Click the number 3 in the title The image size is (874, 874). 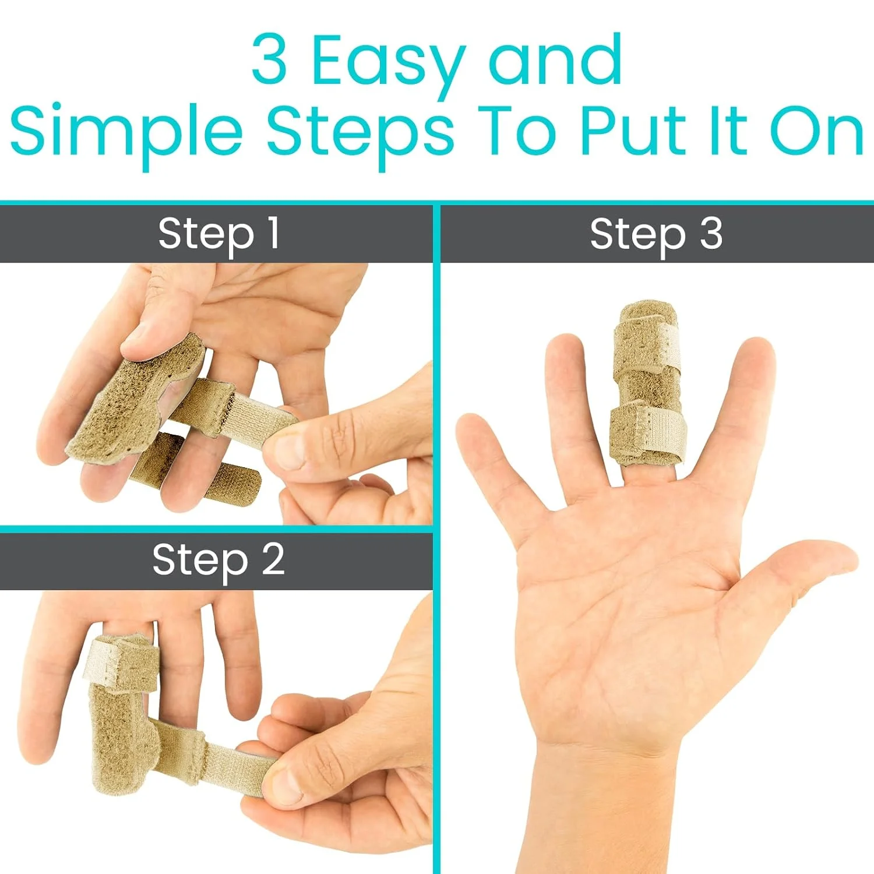click(x=269, y=59)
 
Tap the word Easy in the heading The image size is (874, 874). click(x=389, y=65)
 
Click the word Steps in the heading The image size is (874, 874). click(x=360, y=135)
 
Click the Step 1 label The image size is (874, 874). click(x=219, y=234)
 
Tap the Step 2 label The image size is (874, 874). click(x=218, y=561)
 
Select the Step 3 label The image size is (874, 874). click(x=656, y=234)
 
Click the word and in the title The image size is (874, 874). click(x=556, y=59)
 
